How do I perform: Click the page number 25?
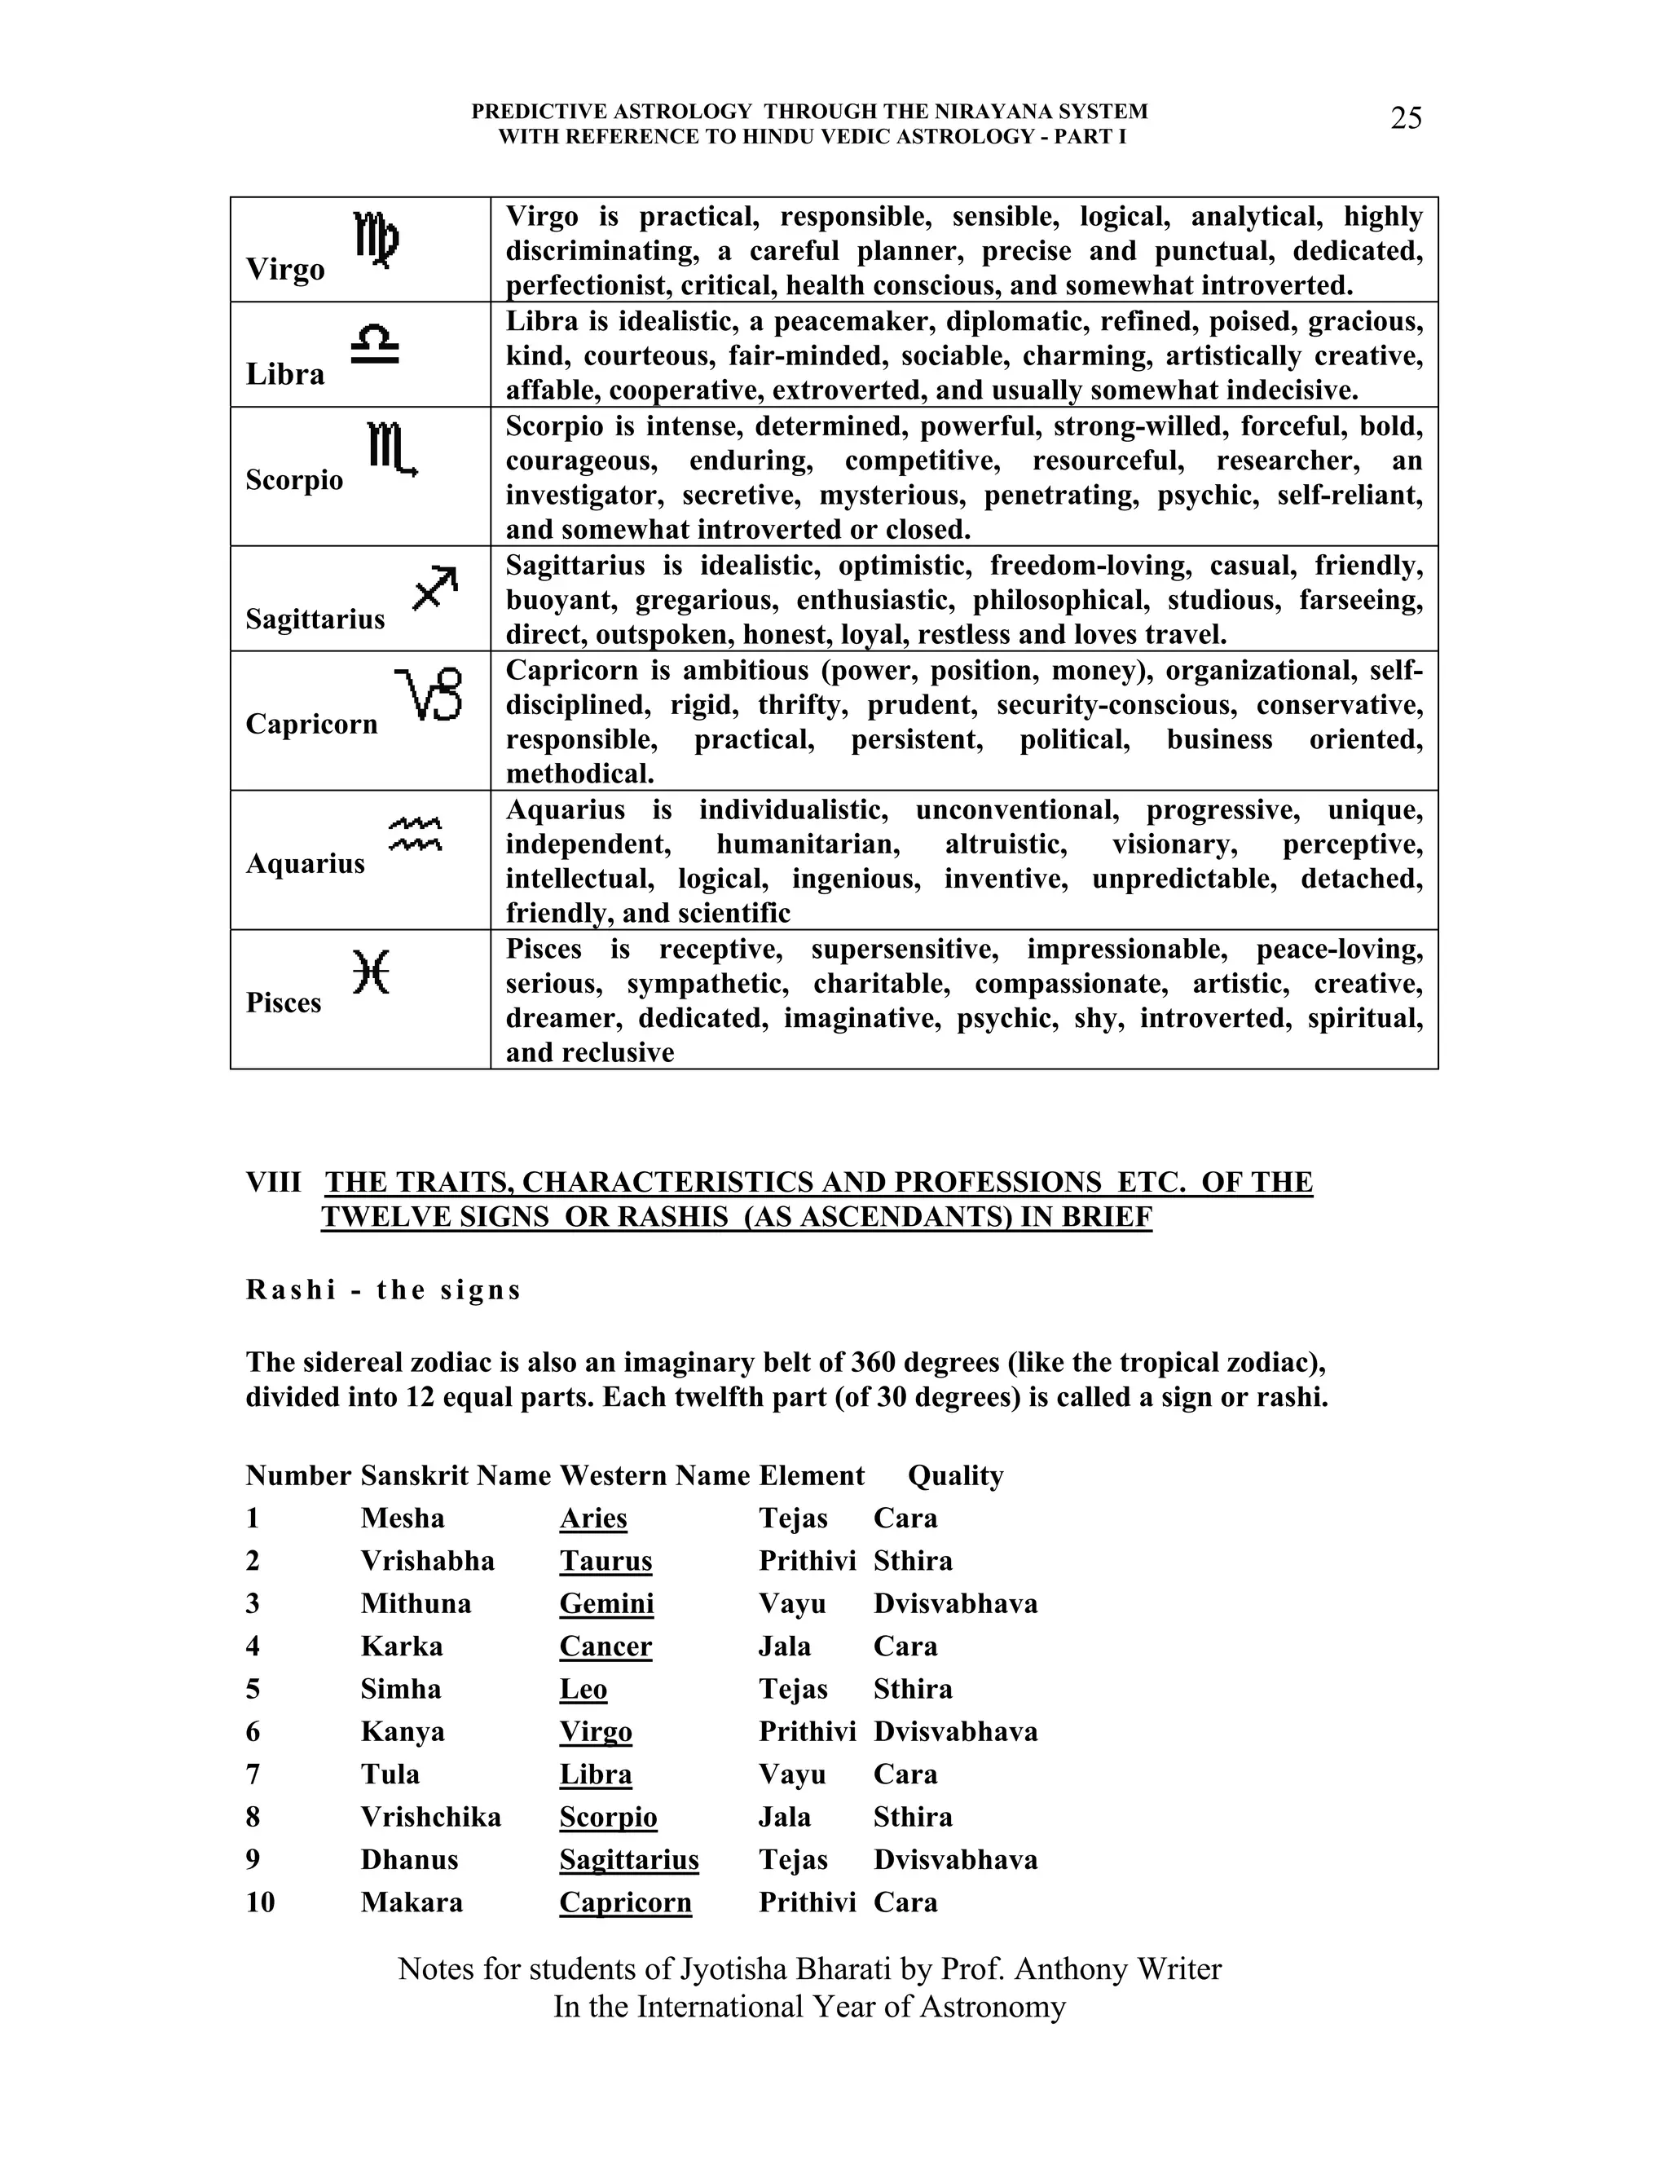1406,119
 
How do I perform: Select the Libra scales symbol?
375,346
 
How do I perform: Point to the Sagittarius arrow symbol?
435,588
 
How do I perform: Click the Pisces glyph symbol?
372,972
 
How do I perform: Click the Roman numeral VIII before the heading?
274,1182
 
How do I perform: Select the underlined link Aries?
593,1519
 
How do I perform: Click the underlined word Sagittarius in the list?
629,1859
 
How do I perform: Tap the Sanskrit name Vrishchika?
430,1817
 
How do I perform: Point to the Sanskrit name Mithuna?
416,1603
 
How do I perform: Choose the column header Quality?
955,1475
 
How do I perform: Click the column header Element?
811,1475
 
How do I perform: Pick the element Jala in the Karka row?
784,1646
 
